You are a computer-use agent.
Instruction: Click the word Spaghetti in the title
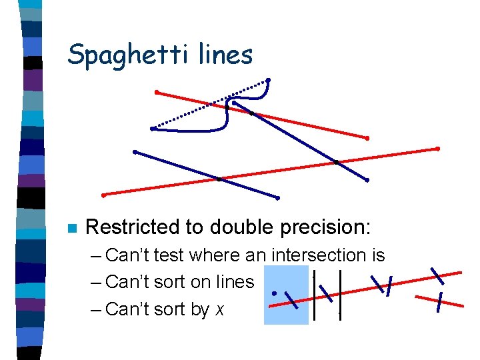pyautogui.click(x=127, y=54)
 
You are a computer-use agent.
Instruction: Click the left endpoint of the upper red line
pyautogui.click(x=156, y=91)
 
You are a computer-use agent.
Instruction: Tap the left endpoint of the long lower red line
pyautogui.click(x=104, y=195)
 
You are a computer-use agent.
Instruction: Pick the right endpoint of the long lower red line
pyautogui.click(x=438, y=148)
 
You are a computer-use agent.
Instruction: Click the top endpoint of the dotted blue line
pyautogui.click(x=268, y=81)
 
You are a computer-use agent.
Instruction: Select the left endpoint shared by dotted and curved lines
pyautogui.click(x=153, y=128)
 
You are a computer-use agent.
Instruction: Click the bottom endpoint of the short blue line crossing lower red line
pyautogui.click(x=277, y=198)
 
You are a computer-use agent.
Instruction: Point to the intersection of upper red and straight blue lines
pyautogui.click(x=251, y=113)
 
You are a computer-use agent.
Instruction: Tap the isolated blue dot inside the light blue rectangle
pyautogui.click(x=274, y=293)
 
